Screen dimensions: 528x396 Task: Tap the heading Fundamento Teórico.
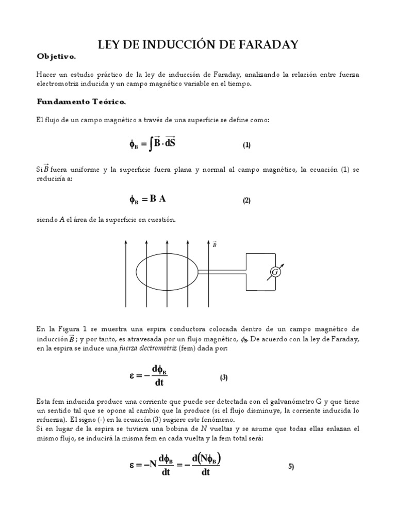click(x=81, y=101)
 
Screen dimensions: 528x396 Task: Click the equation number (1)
click(x=246, y=145)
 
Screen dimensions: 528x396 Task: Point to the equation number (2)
click(x=246, y=201)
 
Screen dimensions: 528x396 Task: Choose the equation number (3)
click(x=224, y=377)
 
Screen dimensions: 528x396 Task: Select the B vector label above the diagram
click(x=214, y=245)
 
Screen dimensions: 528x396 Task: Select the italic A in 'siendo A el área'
click(x=61, y=220)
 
